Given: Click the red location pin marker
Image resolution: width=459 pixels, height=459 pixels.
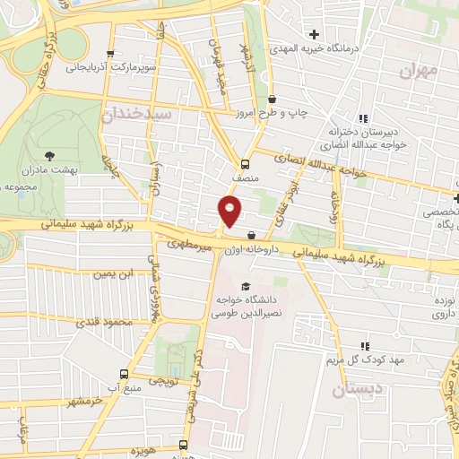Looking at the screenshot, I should tap(230, 212).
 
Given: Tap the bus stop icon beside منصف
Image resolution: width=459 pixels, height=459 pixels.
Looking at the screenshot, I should tap(244, 163).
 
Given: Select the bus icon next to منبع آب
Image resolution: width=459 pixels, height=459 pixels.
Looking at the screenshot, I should tap(124, 374).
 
